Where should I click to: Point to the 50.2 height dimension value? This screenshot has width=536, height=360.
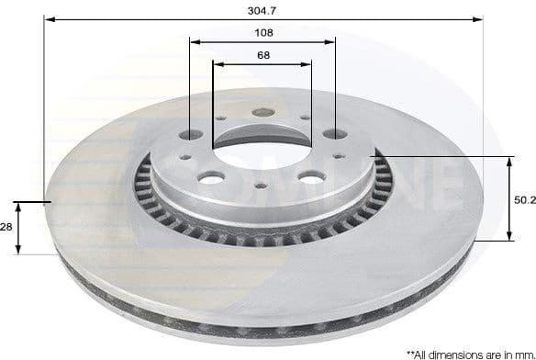coord(524,198)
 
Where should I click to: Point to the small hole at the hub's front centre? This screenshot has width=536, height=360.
coord(262,186)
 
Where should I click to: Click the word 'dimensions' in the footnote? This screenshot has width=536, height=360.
coord(453,353)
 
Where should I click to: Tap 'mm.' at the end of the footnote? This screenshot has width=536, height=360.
coord(521,353)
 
